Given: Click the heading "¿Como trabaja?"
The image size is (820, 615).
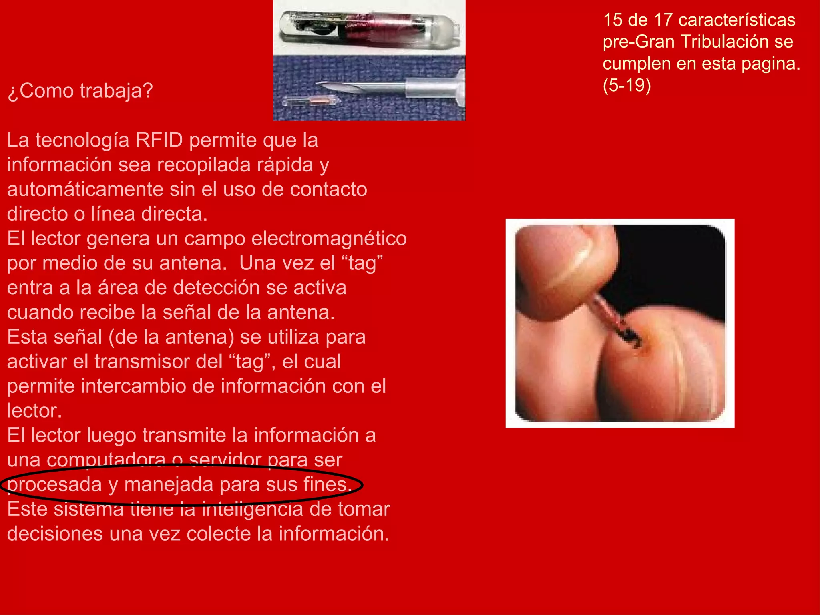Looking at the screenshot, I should [80, 91].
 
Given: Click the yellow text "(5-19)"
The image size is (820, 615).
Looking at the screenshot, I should [627, 85].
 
